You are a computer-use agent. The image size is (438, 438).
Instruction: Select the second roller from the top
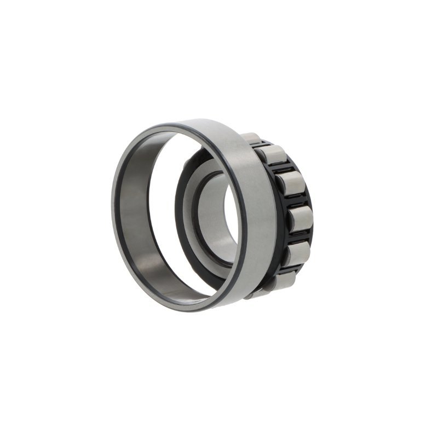[272, 155]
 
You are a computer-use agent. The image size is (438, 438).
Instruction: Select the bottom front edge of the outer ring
[181, 308]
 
